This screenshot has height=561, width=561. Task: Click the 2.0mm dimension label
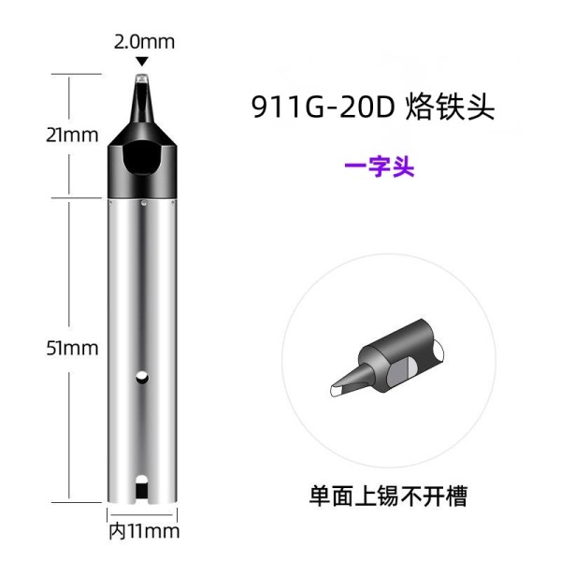click(144, 42)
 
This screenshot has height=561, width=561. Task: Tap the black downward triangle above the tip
click(142, 62)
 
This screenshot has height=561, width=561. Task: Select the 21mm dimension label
click(72, 136)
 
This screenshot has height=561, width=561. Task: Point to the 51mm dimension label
click(72, 348)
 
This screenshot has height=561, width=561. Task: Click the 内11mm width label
click(144, 531)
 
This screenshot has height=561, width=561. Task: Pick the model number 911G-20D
click(323, 107)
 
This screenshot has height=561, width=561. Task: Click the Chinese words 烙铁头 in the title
click(450, 107)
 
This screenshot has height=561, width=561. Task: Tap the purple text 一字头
click(380, 166)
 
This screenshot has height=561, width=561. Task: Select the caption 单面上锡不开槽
click(388, 496)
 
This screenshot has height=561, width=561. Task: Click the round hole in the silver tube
click(142, 377)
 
